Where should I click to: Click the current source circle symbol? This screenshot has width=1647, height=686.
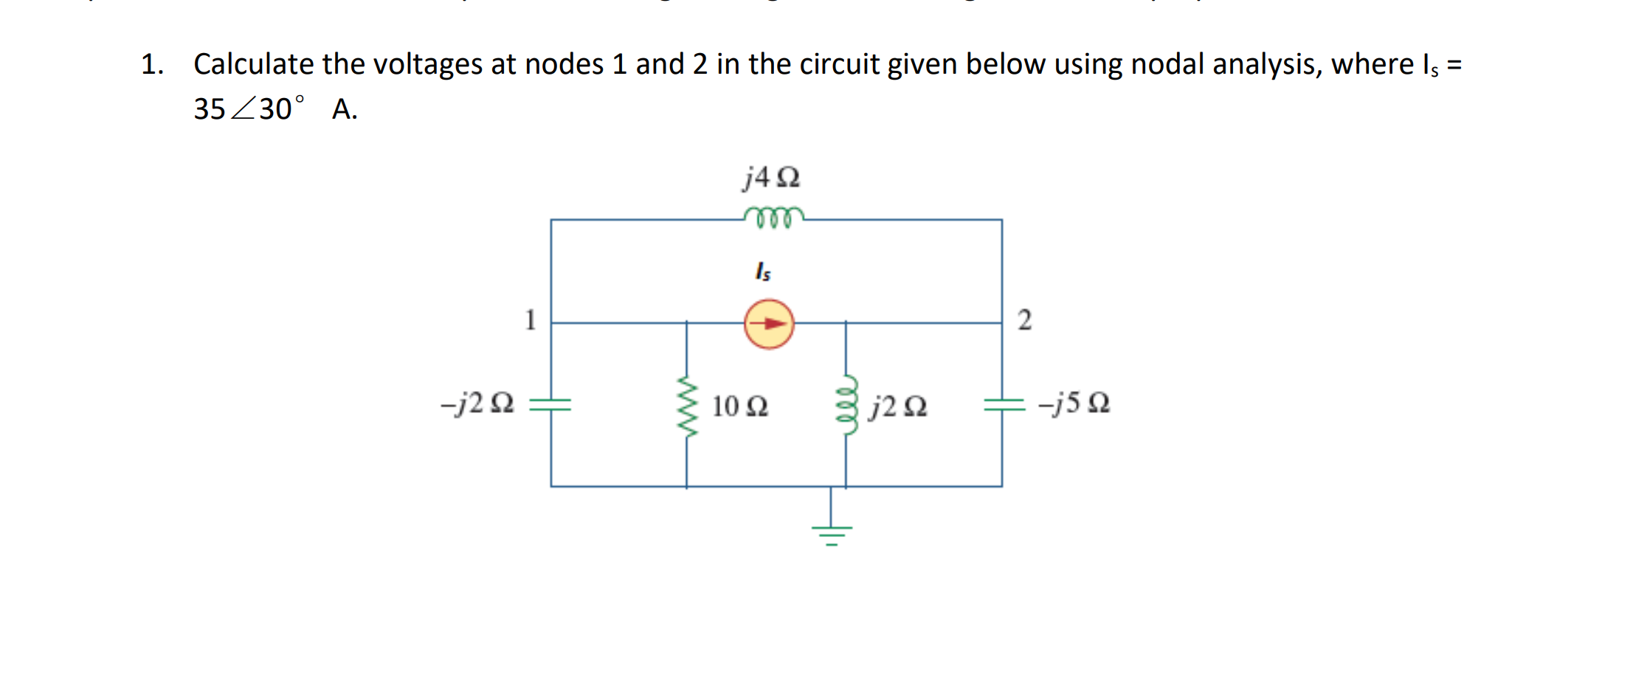click(769, 324)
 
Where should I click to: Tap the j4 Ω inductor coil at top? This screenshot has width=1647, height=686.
click(773, 218)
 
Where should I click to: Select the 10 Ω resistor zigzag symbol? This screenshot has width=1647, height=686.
click(687, 406)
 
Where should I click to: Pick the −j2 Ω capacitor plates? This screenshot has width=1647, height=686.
click(550, 403)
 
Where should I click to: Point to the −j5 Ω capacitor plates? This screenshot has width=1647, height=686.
click(1004, 403)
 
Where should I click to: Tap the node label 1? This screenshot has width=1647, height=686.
click(530, 320)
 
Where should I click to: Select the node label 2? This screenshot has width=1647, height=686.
click(1024, 320)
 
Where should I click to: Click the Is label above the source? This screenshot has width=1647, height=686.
click(763, 271)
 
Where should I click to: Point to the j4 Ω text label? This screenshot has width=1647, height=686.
click(771, 178)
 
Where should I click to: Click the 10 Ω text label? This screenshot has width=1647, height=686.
click(740, 406)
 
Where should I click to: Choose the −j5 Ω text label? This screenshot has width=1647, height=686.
click(1074, 403)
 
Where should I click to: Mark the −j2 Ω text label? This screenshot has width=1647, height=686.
click(477, 403)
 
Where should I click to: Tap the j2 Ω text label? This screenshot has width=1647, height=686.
click(897, 406)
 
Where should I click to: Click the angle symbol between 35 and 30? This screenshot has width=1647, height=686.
click(243, 109)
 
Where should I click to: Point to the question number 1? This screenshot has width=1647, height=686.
click(151, 65)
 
